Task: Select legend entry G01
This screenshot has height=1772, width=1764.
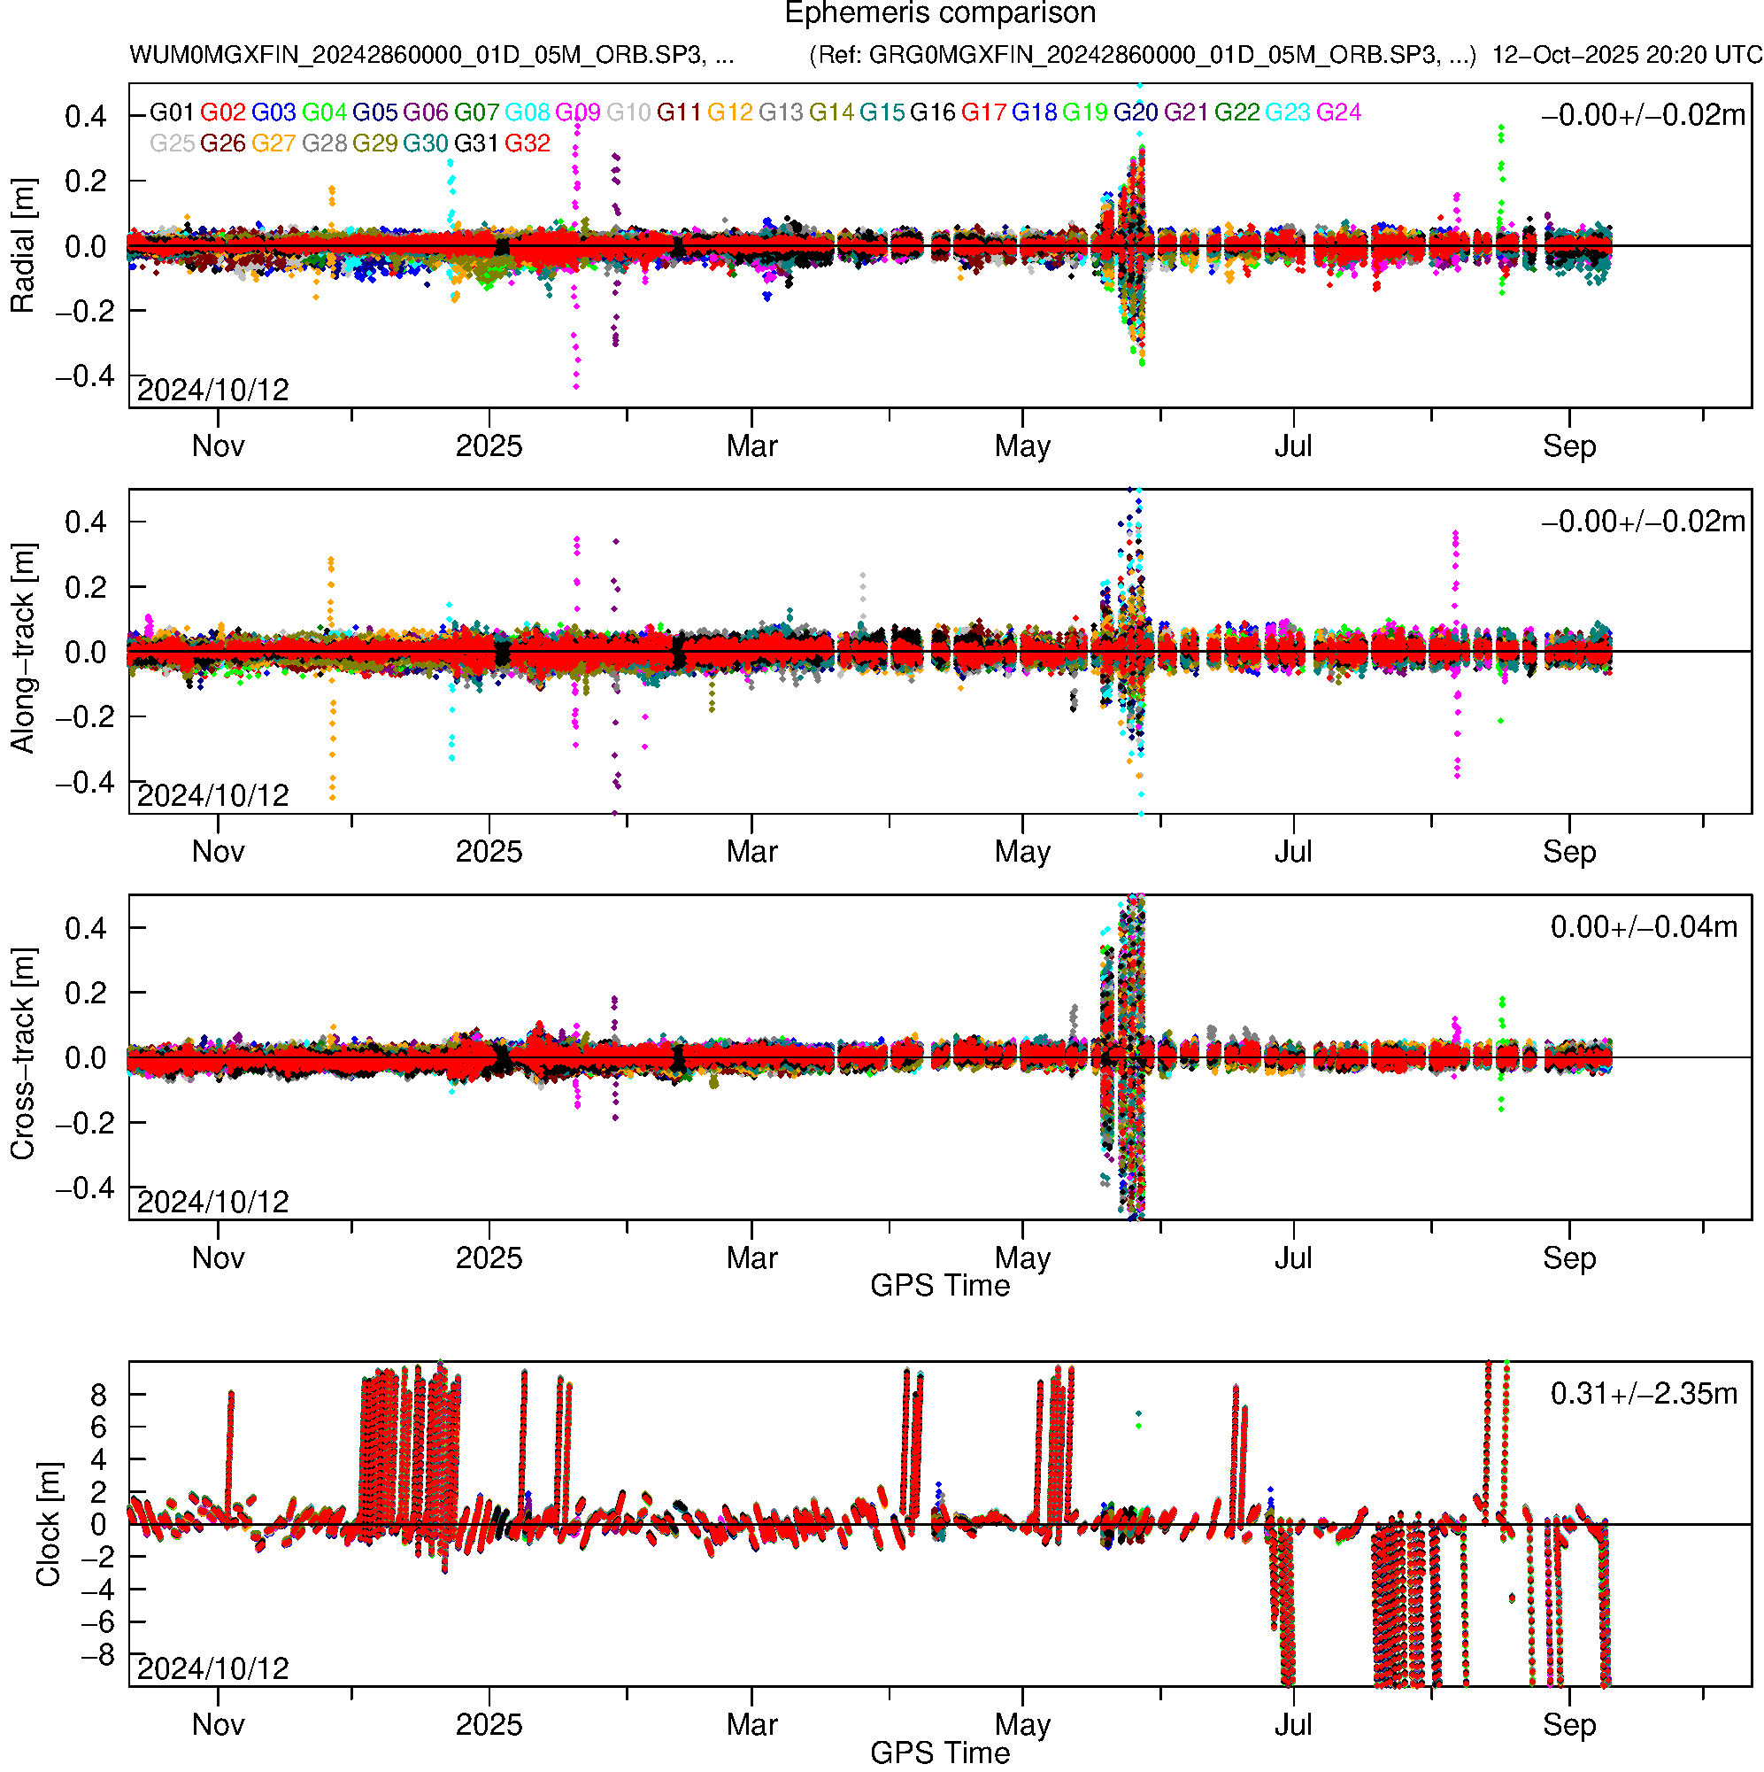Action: point(172,112)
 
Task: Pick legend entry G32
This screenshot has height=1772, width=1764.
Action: point(528,144)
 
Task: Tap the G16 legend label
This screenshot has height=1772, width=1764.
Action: point(932,112)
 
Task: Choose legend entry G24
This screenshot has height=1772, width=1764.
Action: point(1337,112)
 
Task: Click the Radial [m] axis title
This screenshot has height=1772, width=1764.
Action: point(22,246)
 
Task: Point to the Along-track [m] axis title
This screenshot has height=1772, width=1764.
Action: point(22,648)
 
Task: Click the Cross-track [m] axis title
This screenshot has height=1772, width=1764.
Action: point(22,1054)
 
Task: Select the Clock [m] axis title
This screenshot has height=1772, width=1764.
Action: point(48,1523)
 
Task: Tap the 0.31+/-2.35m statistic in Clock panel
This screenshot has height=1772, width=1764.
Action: point(1643,1394)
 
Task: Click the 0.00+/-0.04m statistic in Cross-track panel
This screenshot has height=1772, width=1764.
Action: point(1643,927)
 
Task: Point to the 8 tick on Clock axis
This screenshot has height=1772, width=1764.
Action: point(98,1395)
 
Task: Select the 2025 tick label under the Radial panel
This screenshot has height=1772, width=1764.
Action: point(489,446)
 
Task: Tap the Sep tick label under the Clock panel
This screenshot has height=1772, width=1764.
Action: point(1568,1725)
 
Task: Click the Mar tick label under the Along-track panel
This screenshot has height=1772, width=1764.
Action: point(751,852)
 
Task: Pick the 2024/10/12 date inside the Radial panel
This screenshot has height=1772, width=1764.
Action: point(212,391)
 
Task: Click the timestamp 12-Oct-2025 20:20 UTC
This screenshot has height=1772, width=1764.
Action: point(1626,55)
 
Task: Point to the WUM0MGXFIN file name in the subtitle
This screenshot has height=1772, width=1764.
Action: point(431,55)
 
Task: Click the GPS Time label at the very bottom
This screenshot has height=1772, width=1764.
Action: point(940,1753)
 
